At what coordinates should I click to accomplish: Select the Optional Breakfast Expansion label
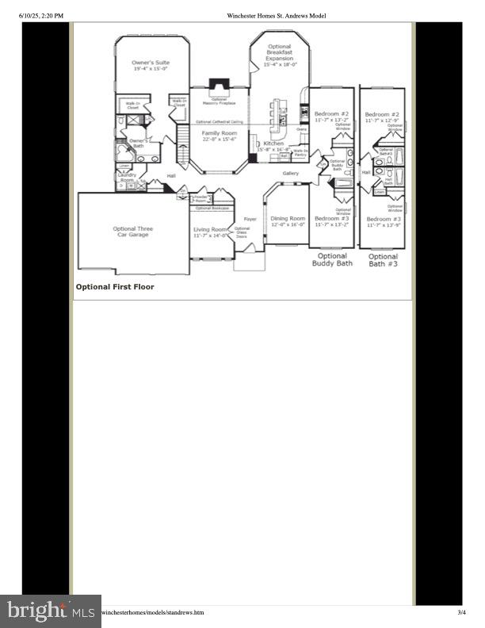[279, 52]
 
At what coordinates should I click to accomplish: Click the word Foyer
[250, 218]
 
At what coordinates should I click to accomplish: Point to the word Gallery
[290, 173]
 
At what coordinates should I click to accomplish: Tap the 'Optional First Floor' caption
[115, 287]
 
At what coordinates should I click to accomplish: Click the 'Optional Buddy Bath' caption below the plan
[332, 259]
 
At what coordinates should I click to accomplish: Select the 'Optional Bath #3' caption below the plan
[383, 260]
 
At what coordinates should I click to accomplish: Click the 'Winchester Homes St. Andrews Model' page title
[276, 15]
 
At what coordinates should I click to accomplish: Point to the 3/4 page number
[462, 612]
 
